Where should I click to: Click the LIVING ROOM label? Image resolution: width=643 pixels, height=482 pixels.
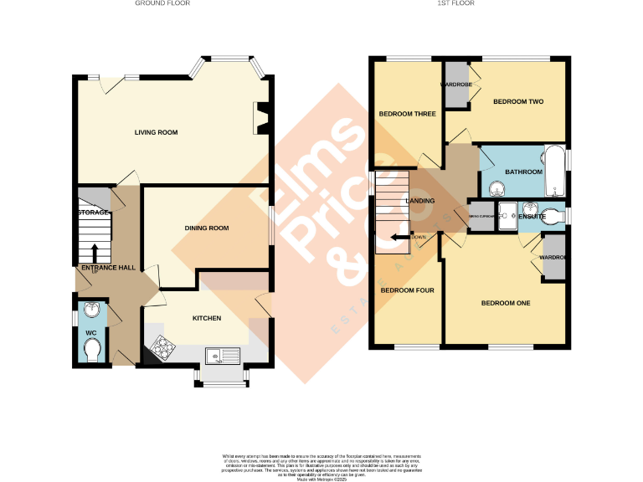(157, 132)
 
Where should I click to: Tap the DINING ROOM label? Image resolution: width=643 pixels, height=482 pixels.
(207, 228)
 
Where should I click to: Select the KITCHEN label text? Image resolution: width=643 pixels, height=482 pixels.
(207, 318)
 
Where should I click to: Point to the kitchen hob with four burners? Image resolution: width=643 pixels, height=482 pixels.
(161, 347)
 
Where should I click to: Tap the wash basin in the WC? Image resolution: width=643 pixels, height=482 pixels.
(93, 313)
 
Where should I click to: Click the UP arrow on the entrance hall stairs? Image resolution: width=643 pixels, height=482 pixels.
(94, 252)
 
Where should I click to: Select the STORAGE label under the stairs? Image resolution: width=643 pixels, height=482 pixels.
(93, 213)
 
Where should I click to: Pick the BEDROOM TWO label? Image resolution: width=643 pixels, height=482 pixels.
(518, 102)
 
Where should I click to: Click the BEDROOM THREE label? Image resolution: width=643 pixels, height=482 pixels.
(407, 115)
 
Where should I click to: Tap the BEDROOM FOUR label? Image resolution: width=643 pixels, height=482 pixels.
(406, 291)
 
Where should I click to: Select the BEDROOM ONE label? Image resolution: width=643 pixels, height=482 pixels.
(506, 303)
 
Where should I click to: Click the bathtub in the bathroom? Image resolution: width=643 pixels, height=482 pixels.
(555, 172)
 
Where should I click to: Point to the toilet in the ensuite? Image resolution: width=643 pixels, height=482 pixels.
(551, 213)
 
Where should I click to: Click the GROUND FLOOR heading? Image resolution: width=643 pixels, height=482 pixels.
(162, 3)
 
